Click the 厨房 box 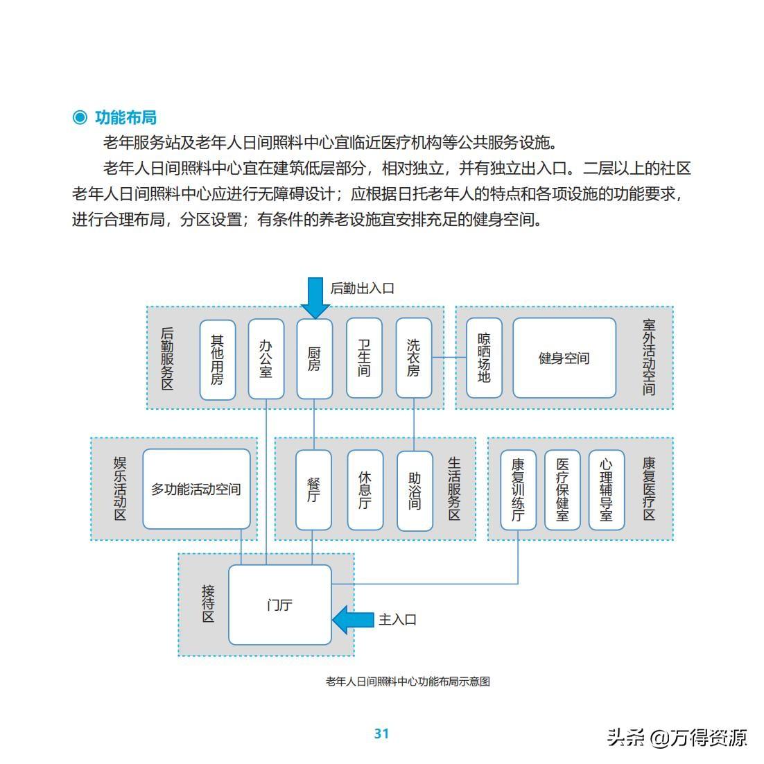point(315,358)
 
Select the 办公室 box point(266,358)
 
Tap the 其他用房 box point(218,359)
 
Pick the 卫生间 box point(364,358)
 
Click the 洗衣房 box point(414,358)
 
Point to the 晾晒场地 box point(484,358)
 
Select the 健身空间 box point(564,358)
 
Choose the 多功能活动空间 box point(196,489)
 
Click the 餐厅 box point(313,490)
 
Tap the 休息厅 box point(365,490)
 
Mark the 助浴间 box point(415,490)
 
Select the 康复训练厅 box point(518,490)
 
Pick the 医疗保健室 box point(562,490)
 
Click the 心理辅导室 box point(607,490)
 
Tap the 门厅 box point(280,605)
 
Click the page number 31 point(381,733)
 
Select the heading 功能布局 point(125,117)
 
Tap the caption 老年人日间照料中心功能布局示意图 point(408,681)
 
